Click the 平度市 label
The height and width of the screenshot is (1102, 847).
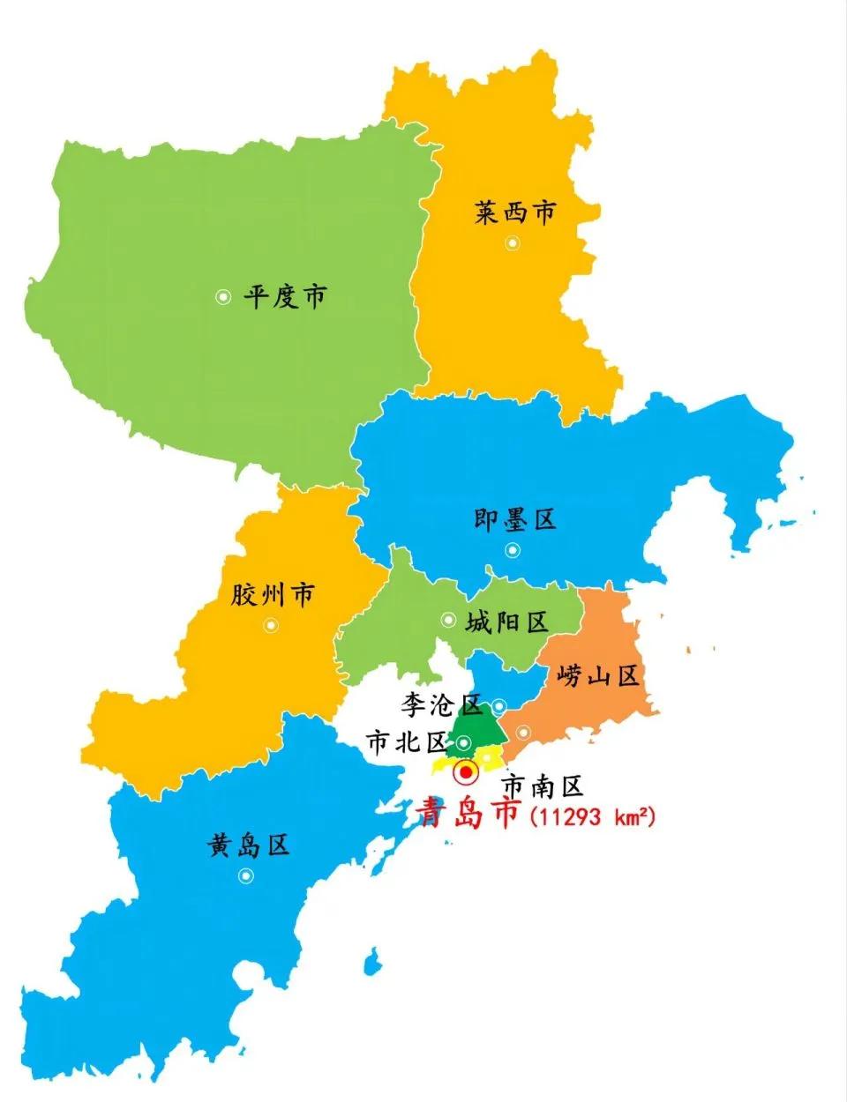pos(285,296)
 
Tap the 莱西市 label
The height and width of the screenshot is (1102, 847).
pos(516,212)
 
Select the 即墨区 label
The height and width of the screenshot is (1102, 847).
pos(516,519)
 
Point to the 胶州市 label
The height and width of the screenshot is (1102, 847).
pos(273,595)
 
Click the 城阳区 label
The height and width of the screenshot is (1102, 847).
pos(507,622)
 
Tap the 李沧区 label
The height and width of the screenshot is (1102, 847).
pos(441,704)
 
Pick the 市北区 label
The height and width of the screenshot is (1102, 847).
pos(408,743)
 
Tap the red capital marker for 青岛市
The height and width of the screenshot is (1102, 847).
pos(465,773)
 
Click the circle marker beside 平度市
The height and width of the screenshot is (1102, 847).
pos(223,297)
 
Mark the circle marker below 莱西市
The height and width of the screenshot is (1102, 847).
pos(512,243)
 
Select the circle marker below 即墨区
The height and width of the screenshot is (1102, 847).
pos(513,550)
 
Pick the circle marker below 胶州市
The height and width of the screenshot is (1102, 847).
pos(270,625)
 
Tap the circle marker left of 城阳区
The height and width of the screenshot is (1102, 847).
pos(448,620)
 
